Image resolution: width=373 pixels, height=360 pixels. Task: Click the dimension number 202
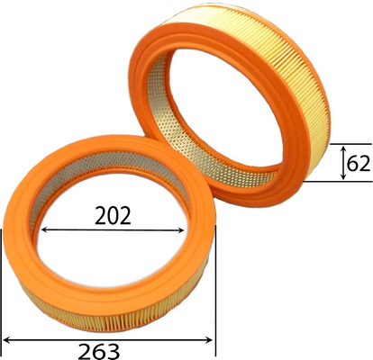(x=113, y=215)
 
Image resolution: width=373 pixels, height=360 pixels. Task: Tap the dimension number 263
(x=99, y=352)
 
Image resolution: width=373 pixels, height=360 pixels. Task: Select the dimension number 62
(x=358, y=164)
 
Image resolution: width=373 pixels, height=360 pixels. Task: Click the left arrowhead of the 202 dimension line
(x=44, y=230)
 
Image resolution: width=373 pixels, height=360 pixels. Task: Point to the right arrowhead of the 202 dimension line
(x=180, y=230)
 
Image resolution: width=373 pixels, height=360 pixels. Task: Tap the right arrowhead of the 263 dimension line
(x=209, y=340)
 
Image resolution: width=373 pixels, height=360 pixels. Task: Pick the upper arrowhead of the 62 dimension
(x=343, y=148)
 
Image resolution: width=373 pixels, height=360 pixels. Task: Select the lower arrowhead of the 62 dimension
(x=343, y=176)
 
